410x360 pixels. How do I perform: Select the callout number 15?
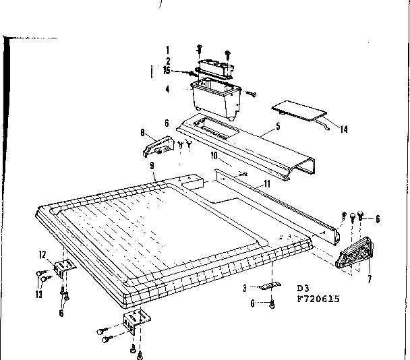[x=166, y=69]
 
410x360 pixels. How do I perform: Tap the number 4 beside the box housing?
[x=167, y=88]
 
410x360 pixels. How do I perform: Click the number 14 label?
[x=344, y=129]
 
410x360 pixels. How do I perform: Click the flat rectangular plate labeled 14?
[x=299, y=110]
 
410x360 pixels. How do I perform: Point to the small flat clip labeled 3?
[x=270, y=285]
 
